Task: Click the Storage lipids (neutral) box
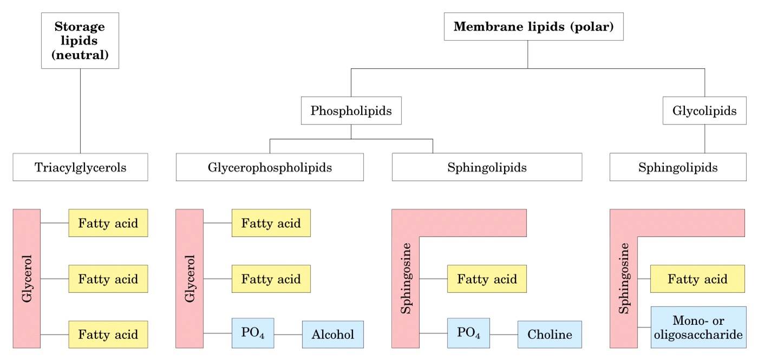tap(80, 41)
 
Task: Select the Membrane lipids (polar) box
tap(533, 27)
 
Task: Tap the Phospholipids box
tap(351, 111)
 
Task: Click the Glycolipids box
tap(704, 111)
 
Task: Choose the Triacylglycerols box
tap(80, 167)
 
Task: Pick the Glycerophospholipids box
tap(270, 167)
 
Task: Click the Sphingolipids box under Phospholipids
tap(487, 167)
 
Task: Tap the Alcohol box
tap(332, 334)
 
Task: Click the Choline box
tap(550, 334)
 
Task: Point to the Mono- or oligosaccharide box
tap(697, 327)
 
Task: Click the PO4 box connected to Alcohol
tap(252, 333)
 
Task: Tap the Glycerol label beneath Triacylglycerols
tap(27, 278)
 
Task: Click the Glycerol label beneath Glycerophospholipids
tap(190, 278)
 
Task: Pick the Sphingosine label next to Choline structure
tap(405, 278)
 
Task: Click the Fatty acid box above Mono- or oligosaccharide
tap(697, 279)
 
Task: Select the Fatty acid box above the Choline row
tap(487, 279)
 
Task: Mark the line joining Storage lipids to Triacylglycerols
tap(80, 111)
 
